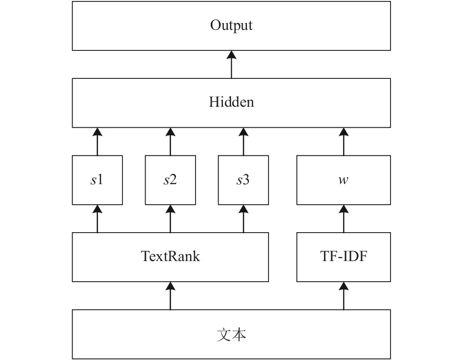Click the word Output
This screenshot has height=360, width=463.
tap(231, 25)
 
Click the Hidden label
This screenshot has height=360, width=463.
tap(231, 102)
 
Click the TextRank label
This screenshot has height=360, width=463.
tap(171, 256)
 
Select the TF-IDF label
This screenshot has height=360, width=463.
tap(343, 256)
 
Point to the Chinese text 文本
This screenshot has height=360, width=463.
tap(231, 335)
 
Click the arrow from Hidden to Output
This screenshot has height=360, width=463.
tap(231, 64)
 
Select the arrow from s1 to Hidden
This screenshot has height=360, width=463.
tap(97, 142)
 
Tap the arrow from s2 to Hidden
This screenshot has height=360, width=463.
tap(170, 142)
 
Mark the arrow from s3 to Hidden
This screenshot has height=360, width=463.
tap(244, 142)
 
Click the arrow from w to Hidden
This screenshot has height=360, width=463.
tap(343, 142)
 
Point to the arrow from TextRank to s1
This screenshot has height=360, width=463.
tap(97, 218)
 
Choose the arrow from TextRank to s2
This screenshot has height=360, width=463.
tap(170, 218)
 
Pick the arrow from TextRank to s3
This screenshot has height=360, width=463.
tap(244, 218)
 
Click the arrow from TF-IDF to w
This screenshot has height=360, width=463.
tap(343, 218)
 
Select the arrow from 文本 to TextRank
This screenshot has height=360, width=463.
tap(170, 296)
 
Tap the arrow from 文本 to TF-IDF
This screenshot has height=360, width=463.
tap(343, 296)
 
